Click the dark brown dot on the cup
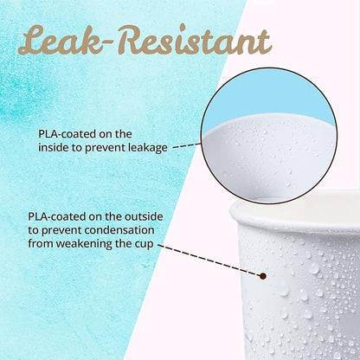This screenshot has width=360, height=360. coord(262,276)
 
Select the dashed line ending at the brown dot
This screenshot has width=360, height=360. coord(209,260)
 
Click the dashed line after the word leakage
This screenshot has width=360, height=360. coord(186,145)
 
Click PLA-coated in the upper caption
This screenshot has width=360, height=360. coord(67,134)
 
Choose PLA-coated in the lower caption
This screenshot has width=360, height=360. coord(56,216)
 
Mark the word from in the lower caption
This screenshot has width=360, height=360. coord(41,244)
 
